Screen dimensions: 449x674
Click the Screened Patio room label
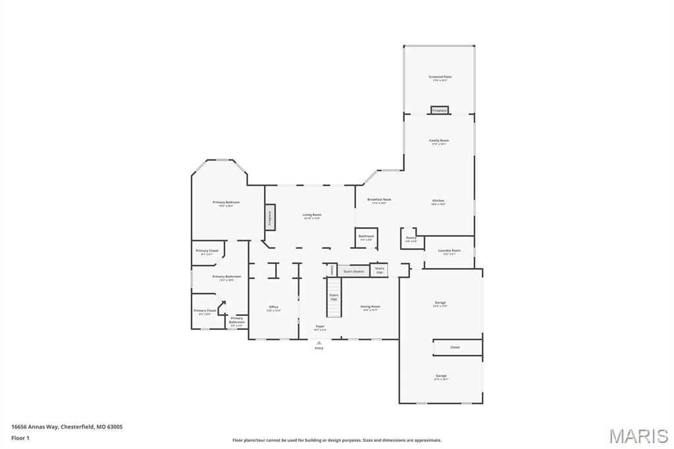coord(440,77)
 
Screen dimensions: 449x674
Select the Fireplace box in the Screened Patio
coord(440,110)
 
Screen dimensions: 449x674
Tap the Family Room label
coord(439,141)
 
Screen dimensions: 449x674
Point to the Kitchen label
coord(438,201)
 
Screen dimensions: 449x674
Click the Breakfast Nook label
coord(379,199)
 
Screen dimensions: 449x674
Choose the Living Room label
coord(312,215)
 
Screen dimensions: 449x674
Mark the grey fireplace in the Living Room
coord(269,217)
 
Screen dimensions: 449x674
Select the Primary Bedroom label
coord(226,203)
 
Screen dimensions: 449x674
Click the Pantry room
coord(411,238)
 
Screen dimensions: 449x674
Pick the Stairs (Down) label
coord(353,271)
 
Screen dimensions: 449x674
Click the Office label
coord(273,307)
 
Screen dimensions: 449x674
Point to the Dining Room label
coord(370,307)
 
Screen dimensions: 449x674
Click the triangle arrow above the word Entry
coord(319,342)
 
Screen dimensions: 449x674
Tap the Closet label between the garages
coord(455,347)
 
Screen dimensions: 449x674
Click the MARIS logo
coord(638,435)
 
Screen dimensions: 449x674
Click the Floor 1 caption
coord(20,437)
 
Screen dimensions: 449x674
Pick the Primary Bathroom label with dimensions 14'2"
coord(226,277)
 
